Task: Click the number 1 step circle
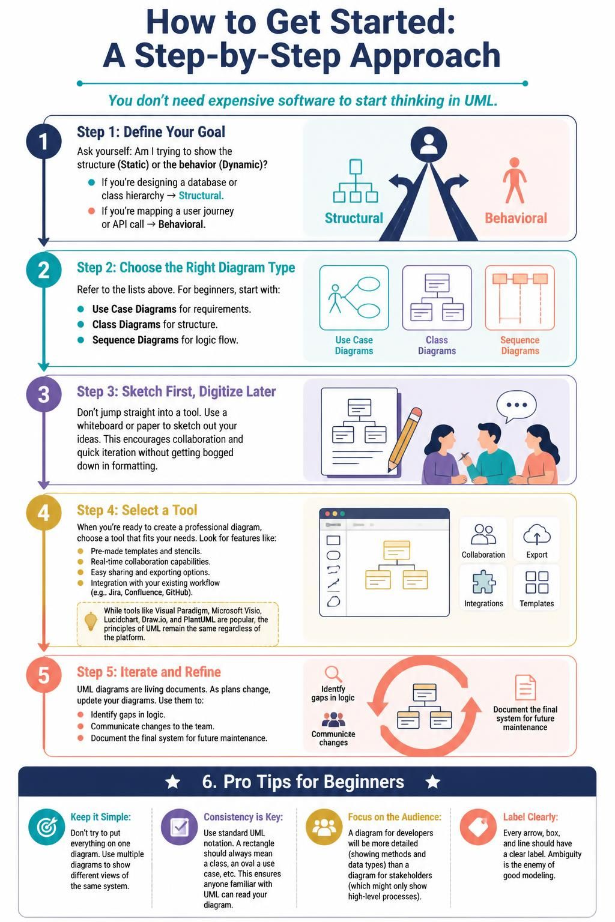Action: pos(44,141)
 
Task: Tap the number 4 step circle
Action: pos(44,513)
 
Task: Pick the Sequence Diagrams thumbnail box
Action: pos(520,298)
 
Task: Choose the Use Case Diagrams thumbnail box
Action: pos(354,298)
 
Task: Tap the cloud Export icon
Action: pos(537,535)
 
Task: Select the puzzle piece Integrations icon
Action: pos(484,582)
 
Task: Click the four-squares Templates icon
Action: pos(537,582)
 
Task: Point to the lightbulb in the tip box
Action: pos(91,621)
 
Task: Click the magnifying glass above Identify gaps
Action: pos(333,674)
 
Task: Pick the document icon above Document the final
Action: pos(526,687)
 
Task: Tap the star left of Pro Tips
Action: pos(172,782)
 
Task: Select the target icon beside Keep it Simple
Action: pos(47,827)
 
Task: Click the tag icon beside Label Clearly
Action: pos(478,827)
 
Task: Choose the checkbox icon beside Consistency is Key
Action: pos(179,827)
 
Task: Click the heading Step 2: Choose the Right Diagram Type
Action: pos(186,268)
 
